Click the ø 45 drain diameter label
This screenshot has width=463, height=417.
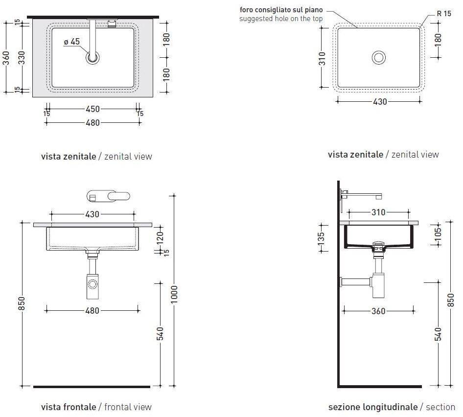click(x=72, y=42)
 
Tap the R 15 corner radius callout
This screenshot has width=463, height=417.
click(x=444, y=14)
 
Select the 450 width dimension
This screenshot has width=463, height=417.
click(x=93, y=109)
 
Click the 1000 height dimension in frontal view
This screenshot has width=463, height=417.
click(x=174, y=294)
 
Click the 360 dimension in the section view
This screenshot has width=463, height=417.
click(x=378, y=311)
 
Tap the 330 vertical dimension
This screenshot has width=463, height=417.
click(x=22, y=58)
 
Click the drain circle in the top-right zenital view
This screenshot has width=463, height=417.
click(x=378, y=57)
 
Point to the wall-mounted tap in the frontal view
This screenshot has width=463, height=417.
click(x=108, y=196)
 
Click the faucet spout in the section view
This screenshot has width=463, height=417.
click(x=361, y=195)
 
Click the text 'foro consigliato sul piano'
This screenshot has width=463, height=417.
click(x=281, y=10)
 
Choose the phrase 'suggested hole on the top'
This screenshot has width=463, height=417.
click(x=281, y=19)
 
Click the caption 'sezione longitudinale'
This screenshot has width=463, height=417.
click(x=373, y=407)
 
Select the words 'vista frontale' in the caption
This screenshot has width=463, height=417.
click(x=69, y=407)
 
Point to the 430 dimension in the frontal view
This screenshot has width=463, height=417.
click(x=92, y=214)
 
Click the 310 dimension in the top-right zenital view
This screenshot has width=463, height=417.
click(x=322, y=58)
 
